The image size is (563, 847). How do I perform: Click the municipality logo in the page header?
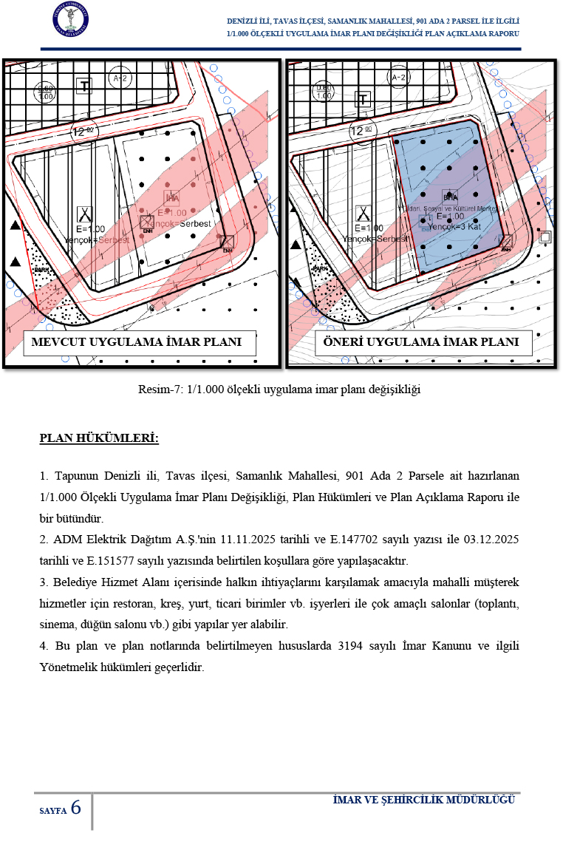coord(71,21)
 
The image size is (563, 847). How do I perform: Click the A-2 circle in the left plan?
coord(117,77)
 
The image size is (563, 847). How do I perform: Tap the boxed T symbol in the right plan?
coord(362,99)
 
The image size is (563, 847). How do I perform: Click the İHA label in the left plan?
coord(171,197)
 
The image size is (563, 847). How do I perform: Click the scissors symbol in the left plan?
coord(85,214)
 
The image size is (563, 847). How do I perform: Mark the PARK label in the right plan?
coord(321,269)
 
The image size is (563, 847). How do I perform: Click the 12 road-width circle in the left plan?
coord(83,132)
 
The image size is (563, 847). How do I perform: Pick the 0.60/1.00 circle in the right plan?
coord(315,92)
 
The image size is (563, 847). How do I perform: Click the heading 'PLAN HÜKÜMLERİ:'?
coord(99,439)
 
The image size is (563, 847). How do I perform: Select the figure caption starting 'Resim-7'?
coord(279,390)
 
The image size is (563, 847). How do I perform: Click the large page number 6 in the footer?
coord(75,807)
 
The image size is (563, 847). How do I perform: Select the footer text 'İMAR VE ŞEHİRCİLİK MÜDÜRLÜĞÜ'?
coord(423,800)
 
